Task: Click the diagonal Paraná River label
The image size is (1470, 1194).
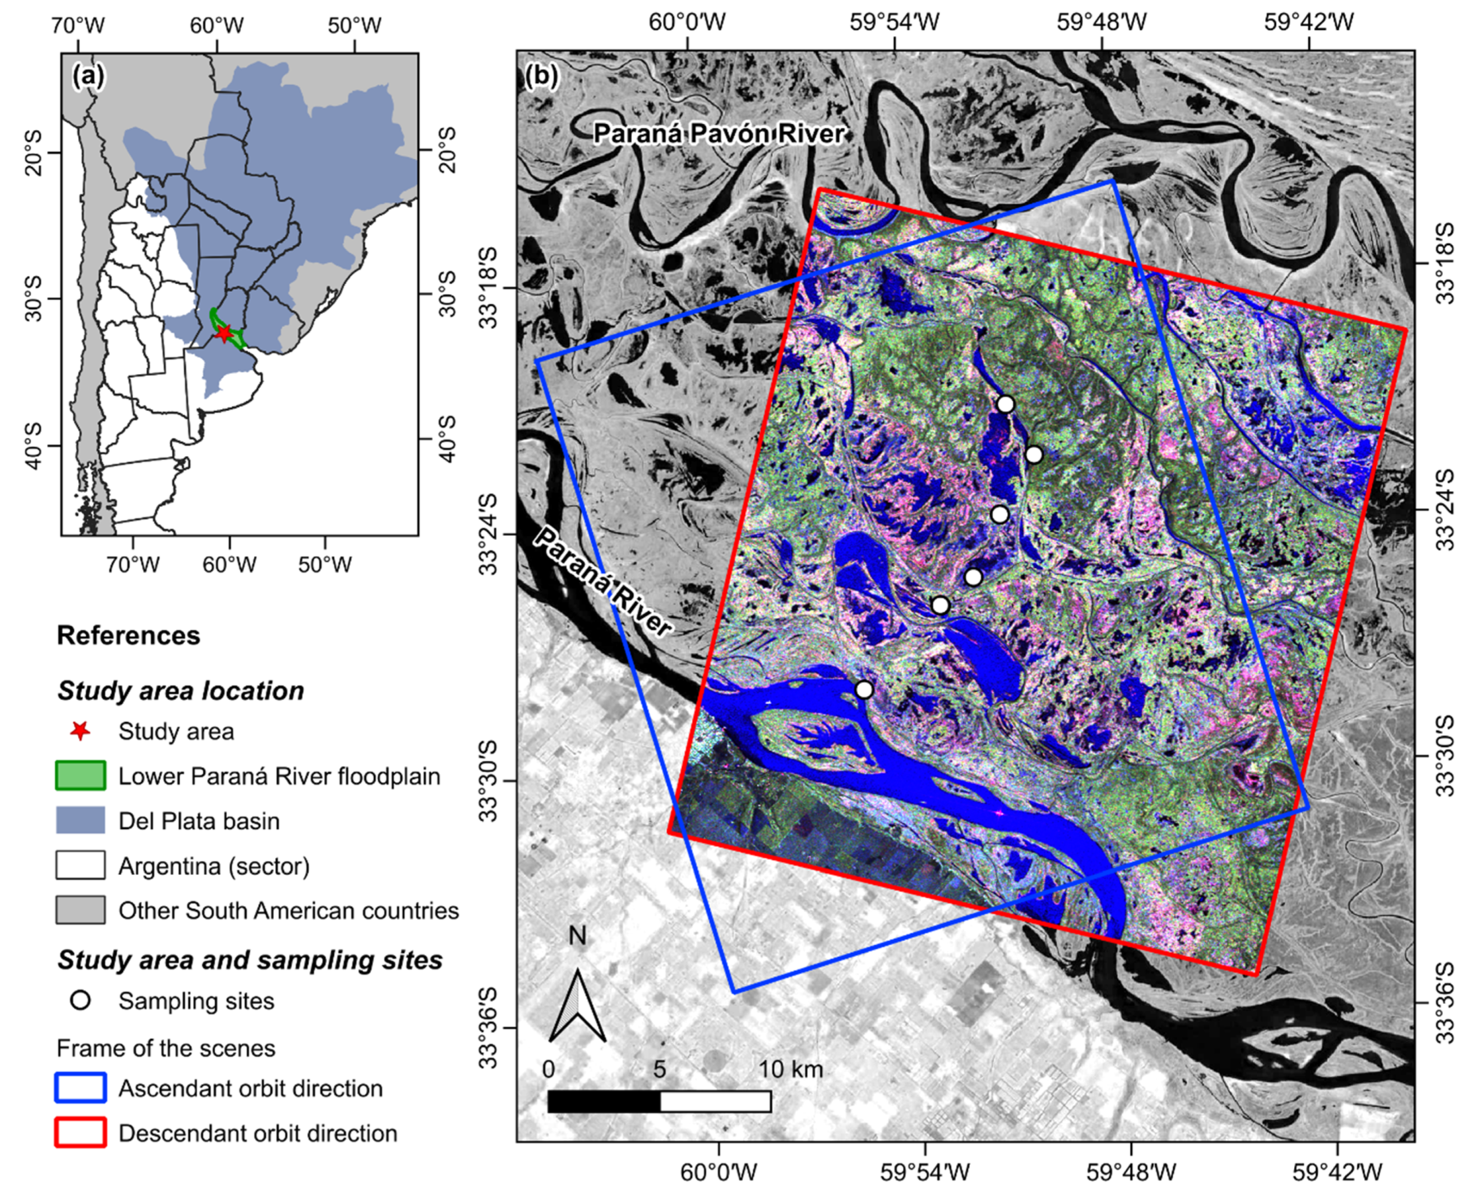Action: tap(602, 582)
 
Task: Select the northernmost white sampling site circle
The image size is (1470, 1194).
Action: tap(1005, 404)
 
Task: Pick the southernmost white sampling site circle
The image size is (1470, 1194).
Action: tap(864, 689)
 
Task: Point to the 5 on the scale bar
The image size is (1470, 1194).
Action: tap(659, 1069)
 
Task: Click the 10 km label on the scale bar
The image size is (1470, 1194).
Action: tap(791, 1069)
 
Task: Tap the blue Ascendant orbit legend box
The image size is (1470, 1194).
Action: tap(80, 1088)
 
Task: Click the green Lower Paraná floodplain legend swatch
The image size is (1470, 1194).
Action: tap(80, 776)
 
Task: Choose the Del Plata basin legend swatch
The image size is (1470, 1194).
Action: tap(80, 821)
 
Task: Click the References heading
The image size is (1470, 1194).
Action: tap(128, 635)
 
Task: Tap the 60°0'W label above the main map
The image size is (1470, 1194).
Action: tap(687, 23)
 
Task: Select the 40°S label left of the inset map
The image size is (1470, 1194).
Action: tap(32, 445)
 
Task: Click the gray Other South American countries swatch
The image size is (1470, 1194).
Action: tap(80, 910)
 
